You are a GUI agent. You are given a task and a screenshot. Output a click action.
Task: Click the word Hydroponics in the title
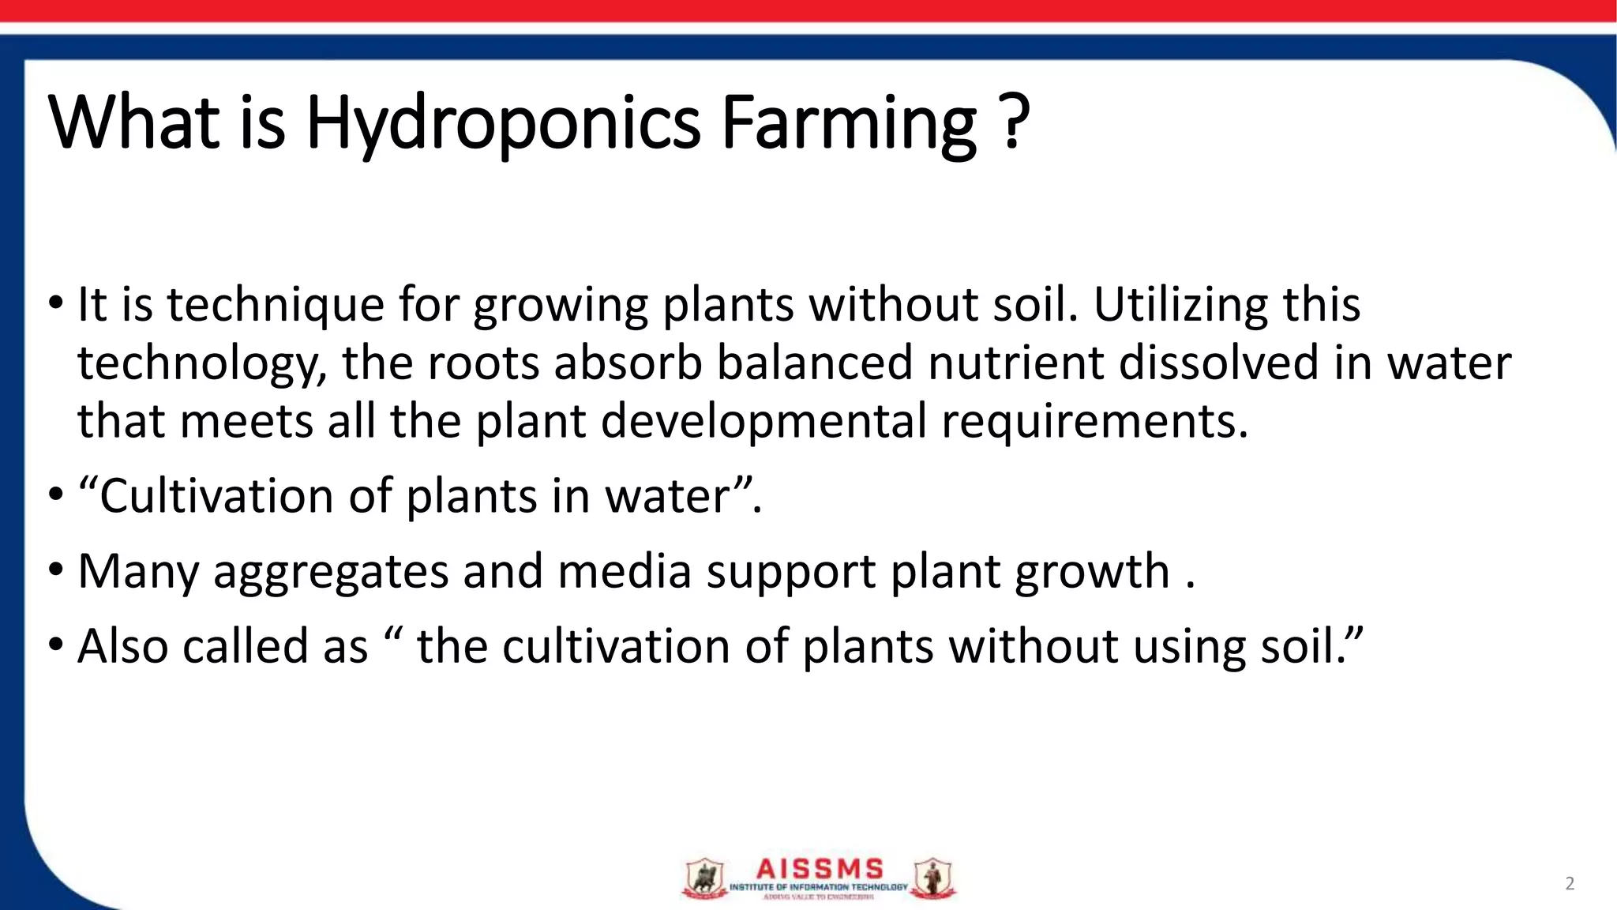(x=503, y=123)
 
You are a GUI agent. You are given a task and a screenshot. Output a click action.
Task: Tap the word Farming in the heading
(x=849, y=123)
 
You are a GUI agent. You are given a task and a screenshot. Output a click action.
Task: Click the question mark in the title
(x=1015, y=122)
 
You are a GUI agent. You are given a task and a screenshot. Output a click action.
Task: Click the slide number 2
(x=1570, y=883)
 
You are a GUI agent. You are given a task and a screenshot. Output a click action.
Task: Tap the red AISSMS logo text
(x=820, y=869)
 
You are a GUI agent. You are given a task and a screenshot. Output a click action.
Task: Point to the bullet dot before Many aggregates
(x=55, y=569)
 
